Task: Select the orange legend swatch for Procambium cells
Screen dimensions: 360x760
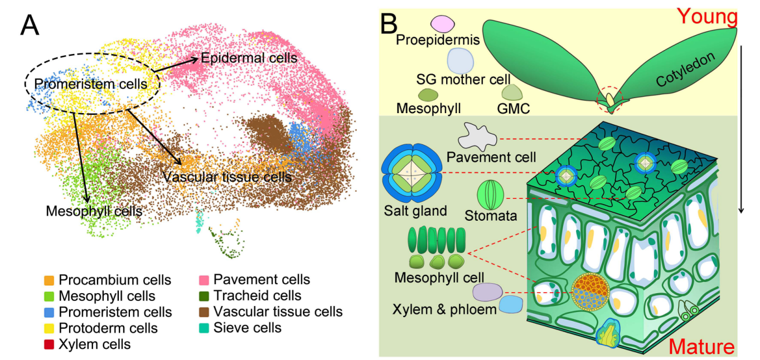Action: point(49,280)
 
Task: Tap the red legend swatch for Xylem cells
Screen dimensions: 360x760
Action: point(49,344)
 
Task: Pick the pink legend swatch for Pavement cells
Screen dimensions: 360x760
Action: point(204,280)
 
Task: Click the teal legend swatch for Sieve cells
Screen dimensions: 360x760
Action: point(204,328)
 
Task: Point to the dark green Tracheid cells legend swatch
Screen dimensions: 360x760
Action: point(204,296)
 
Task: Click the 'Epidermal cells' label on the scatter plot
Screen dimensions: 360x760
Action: point(249,57)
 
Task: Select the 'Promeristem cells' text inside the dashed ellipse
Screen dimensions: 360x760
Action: point(90,84)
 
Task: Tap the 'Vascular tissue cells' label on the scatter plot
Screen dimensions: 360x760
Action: point(227,177)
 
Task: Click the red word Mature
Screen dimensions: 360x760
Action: point(701,347)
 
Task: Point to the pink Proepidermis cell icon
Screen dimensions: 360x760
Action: point(443,23)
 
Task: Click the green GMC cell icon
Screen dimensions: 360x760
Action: point(512,91)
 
